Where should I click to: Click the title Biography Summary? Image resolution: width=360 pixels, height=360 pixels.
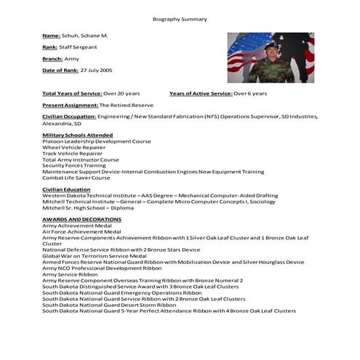(x=180, y=20)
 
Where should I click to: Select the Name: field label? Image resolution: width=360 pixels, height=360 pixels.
(x=51, y=36)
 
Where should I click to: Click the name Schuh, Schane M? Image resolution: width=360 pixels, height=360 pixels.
(x=84, y=36)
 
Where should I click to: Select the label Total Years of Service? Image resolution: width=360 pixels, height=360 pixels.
(x=71, y=93)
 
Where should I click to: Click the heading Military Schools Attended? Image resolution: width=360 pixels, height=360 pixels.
(x=77, y=135)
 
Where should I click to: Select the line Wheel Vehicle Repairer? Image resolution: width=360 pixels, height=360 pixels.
(x=72, y=148)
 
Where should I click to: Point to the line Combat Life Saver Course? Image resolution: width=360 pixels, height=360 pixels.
(x=76, y=177)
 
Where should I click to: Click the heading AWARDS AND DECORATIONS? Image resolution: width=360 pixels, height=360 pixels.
(x=81, y=219)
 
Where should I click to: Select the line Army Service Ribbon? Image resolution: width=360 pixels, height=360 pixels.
(x=70, y=274)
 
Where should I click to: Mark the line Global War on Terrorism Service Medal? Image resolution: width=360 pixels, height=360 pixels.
(x=95, y=256)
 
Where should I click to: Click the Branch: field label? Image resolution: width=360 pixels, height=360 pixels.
(x=53, y=58)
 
